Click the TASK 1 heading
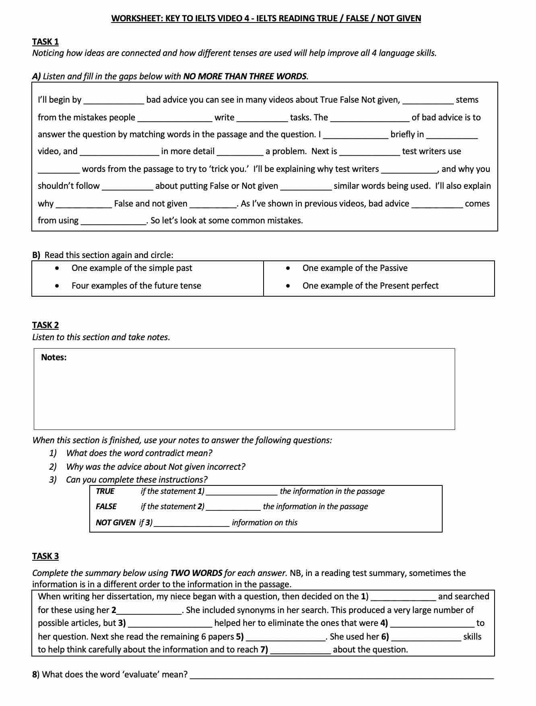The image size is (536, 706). [45, 41]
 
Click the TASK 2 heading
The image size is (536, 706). [45, 325]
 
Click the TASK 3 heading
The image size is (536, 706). [45, 556]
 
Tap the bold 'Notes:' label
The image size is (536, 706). [54, 357]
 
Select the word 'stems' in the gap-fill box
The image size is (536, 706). [467, 100]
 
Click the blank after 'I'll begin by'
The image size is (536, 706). [113, 101]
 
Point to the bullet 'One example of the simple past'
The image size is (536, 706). [132, 268]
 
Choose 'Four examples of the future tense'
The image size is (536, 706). [136, 286]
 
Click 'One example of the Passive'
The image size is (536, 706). [355, 268]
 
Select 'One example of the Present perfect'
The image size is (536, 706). [370, 286]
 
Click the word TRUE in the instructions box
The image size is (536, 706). [105, 491]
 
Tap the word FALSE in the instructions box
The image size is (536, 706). [106, 506]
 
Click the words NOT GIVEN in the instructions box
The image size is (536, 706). [115, 522]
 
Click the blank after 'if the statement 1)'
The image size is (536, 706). [241, 492]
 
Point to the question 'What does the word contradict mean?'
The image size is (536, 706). [139, 453]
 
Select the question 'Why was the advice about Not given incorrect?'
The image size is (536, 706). [156, 467]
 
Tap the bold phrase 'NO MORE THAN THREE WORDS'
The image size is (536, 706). [245, 76]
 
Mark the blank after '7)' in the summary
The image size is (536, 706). [301, 650]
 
